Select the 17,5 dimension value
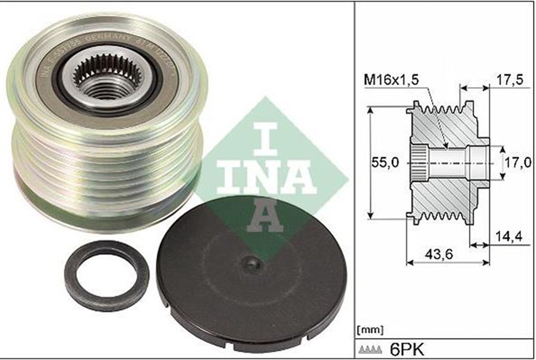coord(509,81)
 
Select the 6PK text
coord(402,348)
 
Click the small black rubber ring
coord(107,276)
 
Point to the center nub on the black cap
coord(253,264)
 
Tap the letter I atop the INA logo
coord(265,138)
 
